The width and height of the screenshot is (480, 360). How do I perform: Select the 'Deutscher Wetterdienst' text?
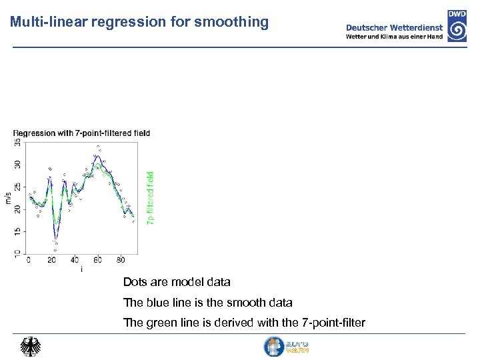[393, 27]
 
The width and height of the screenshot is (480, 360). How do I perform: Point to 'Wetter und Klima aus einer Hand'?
[393, 37]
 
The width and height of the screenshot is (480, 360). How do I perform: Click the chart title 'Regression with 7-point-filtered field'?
[81, 133]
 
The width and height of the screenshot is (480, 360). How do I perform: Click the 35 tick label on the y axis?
[17, 143]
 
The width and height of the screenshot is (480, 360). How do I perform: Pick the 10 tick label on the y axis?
[17, 253]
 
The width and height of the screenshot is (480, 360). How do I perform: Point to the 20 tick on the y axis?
[17, 209]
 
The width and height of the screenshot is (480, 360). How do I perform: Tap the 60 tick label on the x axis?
[98, 260]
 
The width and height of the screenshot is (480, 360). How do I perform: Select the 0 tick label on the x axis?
[28, 260]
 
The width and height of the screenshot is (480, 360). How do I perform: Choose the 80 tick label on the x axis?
[121, 260]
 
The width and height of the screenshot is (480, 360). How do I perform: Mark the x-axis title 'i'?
[81, 269]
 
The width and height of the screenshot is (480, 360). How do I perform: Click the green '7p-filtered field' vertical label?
[151, 198]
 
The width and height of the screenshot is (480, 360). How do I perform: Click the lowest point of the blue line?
[56, 238]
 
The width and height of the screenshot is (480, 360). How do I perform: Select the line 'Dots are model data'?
[177, 282]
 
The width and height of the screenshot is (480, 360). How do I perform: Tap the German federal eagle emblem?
[30, 347]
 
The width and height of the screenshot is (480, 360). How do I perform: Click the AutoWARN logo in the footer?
[286, 347]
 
